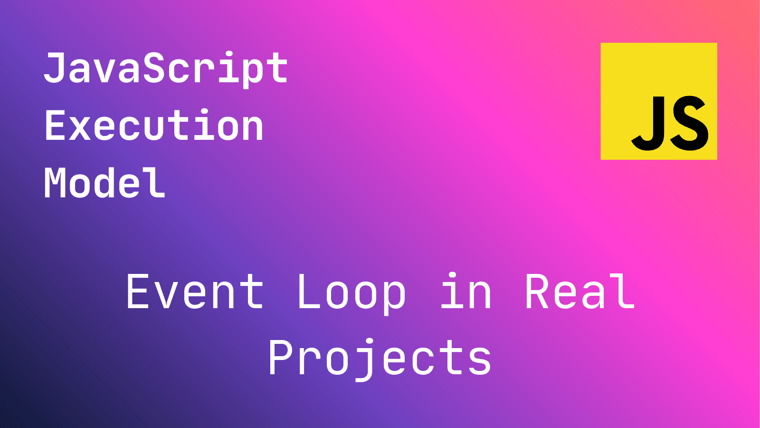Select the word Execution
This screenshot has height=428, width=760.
(x=154, y=126)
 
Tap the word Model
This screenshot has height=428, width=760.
(x=104, y=183)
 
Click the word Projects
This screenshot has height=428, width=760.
(x=380, y=358)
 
